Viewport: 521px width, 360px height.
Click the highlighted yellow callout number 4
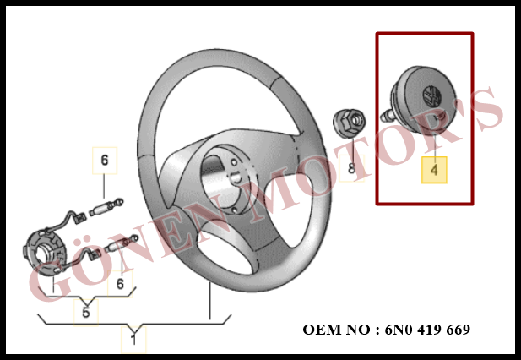(x=434, y=170)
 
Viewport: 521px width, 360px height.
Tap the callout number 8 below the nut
(x=351, y=168)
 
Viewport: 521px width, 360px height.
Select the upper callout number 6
(x=105, y=161)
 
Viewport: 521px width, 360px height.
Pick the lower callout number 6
(x=120, y=284)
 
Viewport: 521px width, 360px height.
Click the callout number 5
(x=86, y=313)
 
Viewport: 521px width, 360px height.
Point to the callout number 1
(x=133, y=340)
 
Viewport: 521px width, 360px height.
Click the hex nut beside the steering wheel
(x=350, y=123)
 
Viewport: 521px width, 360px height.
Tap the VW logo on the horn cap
(x=432, y=96)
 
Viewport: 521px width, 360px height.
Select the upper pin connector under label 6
(x=106, y=207)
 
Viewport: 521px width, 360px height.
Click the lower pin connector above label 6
(x=121, y=245)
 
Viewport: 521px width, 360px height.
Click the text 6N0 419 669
(x=427, y=330)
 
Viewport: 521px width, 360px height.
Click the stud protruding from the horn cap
(x=388, y=116)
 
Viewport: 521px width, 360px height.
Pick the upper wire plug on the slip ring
(x=79, y=218)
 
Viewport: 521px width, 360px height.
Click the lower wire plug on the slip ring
(x=95, y=254)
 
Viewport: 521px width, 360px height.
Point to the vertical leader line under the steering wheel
(x=209, y=302)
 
